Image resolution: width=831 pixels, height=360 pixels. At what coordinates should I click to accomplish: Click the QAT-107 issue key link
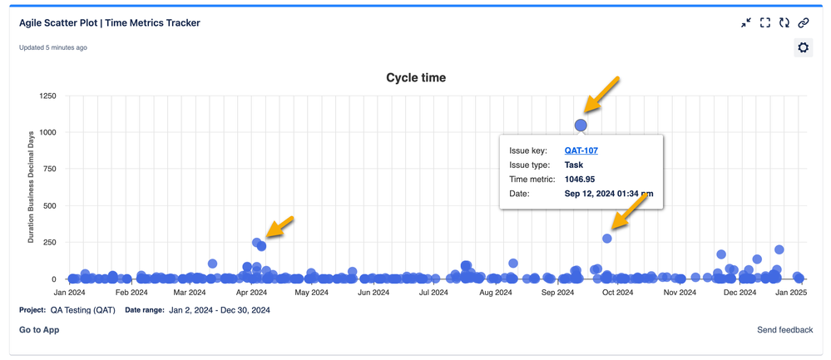click(581, 150)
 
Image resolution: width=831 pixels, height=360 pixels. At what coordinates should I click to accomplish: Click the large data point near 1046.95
click(581, 125)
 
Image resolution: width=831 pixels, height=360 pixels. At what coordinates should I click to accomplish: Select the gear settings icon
click(803, 48)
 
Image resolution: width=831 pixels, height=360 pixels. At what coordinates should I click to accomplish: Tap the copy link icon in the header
click(803, 23)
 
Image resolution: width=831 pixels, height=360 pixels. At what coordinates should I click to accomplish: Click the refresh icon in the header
click(784, 23)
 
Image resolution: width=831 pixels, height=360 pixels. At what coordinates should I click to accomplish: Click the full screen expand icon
click(765, 23)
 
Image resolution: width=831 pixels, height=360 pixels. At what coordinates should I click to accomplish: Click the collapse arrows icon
click(746, 23)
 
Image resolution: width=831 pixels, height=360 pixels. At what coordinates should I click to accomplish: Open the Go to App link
click(39, 330)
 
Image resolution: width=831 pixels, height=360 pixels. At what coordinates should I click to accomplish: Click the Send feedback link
click(784, 330)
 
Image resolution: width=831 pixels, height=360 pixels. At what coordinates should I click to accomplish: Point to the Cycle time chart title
click(416, 78)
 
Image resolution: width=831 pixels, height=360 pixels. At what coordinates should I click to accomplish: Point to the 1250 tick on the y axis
click(47, 96)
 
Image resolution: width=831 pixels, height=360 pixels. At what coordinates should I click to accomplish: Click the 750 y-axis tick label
click(50, 170)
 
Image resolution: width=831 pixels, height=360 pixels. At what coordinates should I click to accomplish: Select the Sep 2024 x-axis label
click(557, 293)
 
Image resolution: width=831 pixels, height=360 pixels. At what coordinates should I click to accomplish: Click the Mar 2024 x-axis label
click(190, 293)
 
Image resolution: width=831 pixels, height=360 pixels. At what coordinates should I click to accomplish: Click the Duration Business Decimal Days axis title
click(32, 187)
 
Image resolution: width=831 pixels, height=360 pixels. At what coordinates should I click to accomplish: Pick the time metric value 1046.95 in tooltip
click(580, 180)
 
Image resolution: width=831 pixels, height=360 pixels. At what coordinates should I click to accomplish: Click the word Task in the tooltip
click(574, 165)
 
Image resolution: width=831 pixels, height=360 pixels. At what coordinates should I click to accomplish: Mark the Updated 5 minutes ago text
click(53, 48)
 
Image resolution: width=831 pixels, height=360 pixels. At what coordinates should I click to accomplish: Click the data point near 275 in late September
click(607, 239)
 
